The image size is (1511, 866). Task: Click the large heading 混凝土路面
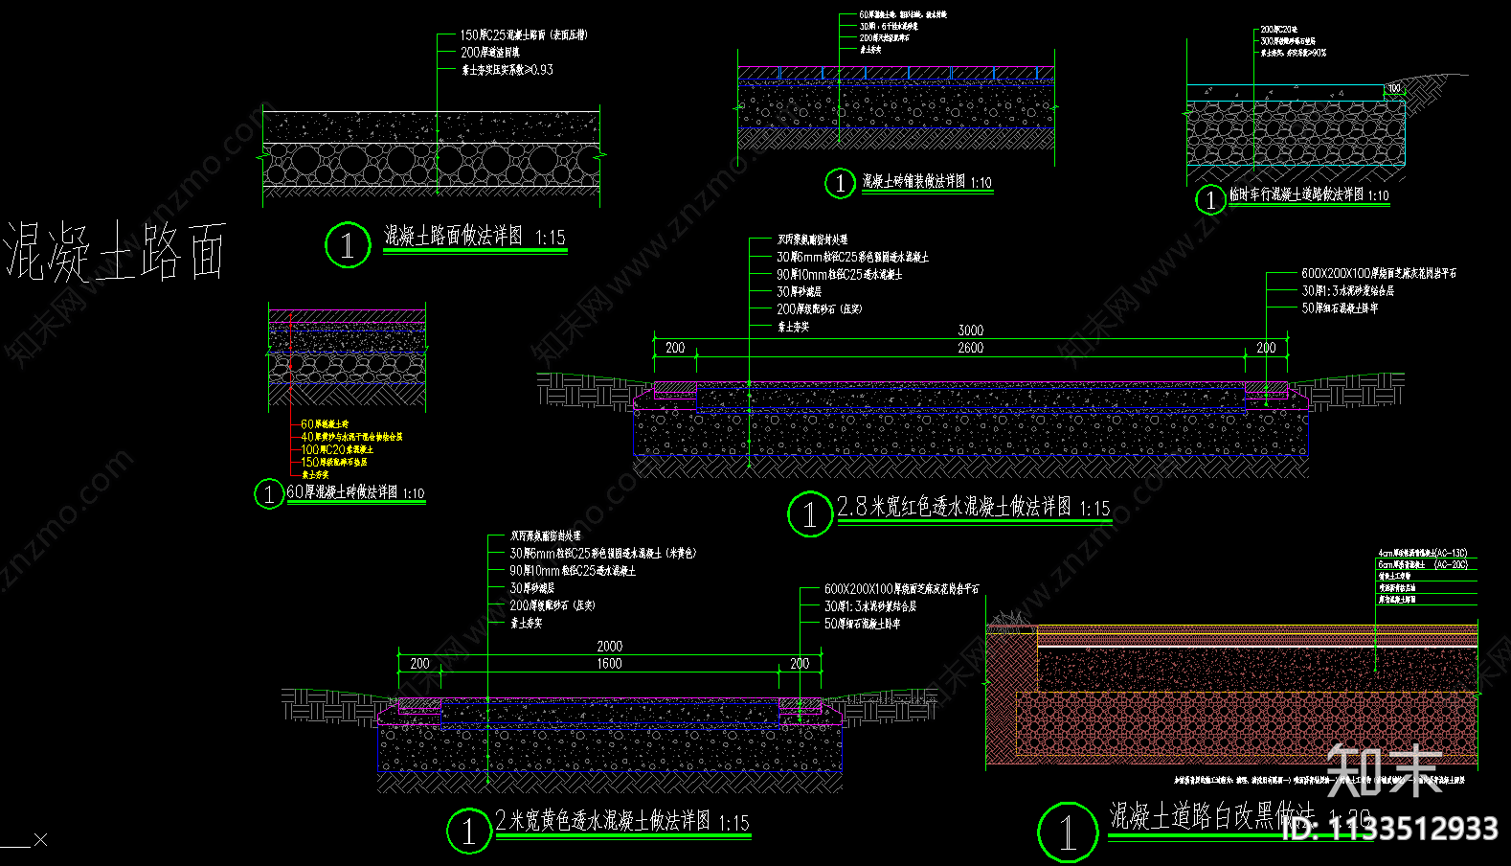115,251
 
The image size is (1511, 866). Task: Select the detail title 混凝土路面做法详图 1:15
474,236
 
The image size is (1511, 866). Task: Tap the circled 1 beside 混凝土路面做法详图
347,245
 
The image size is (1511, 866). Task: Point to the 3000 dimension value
970,330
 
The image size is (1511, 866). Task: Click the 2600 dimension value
970,348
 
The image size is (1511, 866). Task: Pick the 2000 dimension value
609,647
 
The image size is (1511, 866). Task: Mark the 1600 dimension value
609,663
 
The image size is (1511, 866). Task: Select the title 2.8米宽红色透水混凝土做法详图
973,507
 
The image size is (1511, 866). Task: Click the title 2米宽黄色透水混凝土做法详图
621,821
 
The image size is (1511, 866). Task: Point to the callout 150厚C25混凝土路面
523,35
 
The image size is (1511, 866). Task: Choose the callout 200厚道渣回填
490,53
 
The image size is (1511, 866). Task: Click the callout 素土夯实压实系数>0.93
507,70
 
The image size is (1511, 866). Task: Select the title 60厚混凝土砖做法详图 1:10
355,492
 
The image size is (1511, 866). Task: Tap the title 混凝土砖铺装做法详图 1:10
926,182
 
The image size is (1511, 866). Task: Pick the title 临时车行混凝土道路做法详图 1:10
1308,194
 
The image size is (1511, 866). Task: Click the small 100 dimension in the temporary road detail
1394,88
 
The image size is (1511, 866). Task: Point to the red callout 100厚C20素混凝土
337,449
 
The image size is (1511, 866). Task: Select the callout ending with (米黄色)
602,553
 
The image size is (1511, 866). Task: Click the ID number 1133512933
1389,829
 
